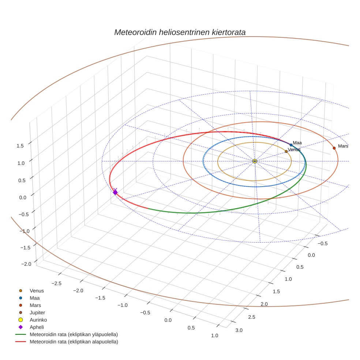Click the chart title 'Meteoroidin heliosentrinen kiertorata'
click(x=180, y=32)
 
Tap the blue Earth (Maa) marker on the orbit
click(x=291, y=145)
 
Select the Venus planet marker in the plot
click(x=286, y=151)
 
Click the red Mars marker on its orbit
click(x=334, y=148)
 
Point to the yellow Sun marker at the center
click(x=255, y=161)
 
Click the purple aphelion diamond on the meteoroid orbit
click(x=115, y=192)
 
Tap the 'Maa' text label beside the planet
click(x=297, y=143)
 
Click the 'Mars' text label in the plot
click(x=343, y=146)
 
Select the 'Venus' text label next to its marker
click(x=294, y=150)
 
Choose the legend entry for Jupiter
click(x=37, y=312)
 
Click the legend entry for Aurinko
click(x=38, y=320)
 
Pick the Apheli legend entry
click(x=37, y=327)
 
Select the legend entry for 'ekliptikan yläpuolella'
click(x=74, y=334)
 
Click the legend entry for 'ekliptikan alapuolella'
click(x=74, y=342)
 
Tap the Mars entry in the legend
click(x=35, y=305)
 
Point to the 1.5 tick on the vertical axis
click(x=20, y=146)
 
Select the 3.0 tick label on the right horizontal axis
click(x=239, y=330)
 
